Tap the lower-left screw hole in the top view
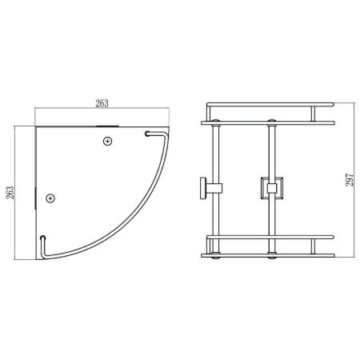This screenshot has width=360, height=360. point(50,197)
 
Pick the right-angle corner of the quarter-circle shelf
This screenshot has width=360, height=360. point(36,126)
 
